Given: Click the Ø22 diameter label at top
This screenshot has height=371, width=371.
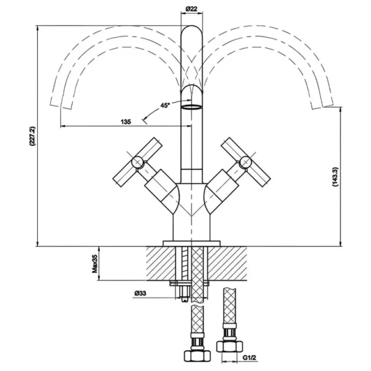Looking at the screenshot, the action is pyautogui.click(x=191, y=9).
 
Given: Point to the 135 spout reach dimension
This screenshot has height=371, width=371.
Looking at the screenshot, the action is pyautogui.click(x=126, y=122).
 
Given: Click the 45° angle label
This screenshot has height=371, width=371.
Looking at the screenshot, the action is pyautogui.click(x=165, y=106).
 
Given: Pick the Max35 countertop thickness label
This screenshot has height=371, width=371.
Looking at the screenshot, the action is pyautogui.click(x=94, y=264).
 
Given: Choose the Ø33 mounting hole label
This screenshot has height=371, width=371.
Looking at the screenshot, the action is pyautogui.click(x=140, y=293).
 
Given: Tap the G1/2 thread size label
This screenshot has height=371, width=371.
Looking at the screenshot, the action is pyautogui.click(x=250, y=358).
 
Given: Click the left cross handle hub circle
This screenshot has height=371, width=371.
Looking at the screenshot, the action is pyautogui.click(x=137, y=162).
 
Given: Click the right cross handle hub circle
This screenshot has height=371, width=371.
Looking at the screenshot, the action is pyautogui.click(x=245, y=162).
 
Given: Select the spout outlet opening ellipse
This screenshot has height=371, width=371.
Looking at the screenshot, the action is pyautogui.click(x=191, y=107).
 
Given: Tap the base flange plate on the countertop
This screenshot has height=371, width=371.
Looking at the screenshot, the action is pyautogui.click(x=191, y=243).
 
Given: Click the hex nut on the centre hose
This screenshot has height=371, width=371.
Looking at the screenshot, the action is pyautogui.click(x=197, y=354).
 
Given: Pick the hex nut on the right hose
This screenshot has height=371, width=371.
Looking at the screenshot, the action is pyautogui.click(x=230, y=346).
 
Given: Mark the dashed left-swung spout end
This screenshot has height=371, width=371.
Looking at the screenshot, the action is pyautogui.click(x=61, y=106).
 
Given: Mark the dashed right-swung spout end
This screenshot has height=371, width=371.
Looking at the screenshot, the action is pyautogui.click(x=323, y=106).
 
